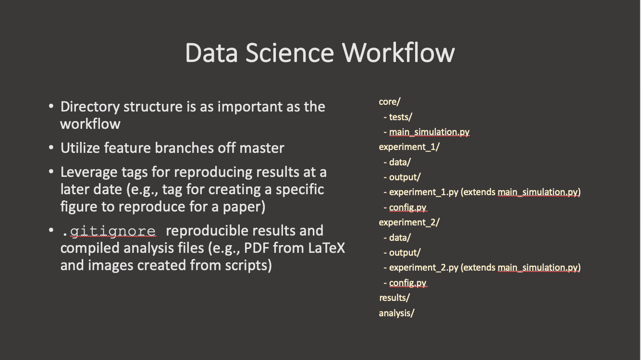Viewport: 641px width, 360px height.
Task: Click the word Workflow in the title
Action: tap(398, 52)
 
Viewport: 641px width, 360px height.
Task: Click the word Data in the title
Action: tap(211, 52)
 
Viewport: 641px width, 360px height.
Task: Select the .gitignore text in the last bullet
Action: tap(109, 231)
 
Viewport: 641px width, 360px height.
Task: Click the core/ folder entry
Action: tap(390, 102)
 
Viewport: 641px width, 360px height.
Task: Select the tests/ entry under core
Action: tap(401, 117)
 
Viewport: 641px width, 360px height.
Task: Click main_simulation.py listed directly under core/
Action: tap(429, 132)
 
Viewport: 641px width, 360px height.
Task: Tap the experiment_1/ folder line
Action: tap(409, 147)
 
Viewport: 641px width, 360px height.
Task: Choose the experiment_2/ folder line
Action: tap(409, 223)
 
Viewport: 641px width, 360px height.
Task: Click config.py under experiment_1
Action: tap(407, 208)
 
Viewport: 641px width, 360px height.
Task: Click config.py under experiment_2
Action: tap(407, 283)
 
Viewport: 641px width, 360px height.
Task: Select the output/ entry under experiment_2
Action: tap(405, 253)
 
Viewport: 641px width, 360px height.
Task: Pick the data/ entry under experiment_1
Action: tap(400, 162)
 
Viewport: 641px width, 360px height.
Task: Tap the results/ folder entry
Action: tap(394, 298)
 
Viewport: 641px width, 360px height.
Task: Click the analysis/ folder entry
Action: tap(396, 313)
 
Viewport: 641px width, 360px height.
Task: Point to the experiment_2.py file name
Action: tap(423, 268)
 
